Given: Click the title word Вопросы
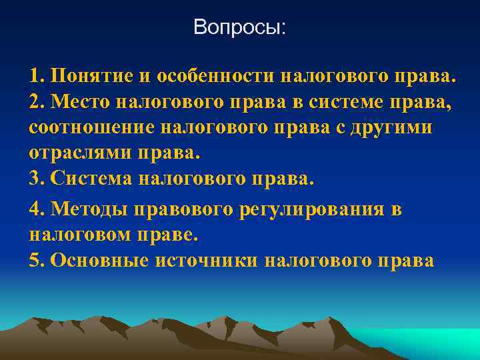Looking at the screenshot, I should pos(239,27).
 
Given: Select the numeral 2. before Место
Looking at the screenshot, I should pos(37,101).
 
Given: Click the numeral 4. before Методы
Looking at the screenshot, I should pos(37,210).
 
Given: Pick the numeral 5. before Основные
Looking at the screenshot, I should pos(37,260).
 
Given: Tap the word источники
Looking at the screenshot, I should pos(207,260).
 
